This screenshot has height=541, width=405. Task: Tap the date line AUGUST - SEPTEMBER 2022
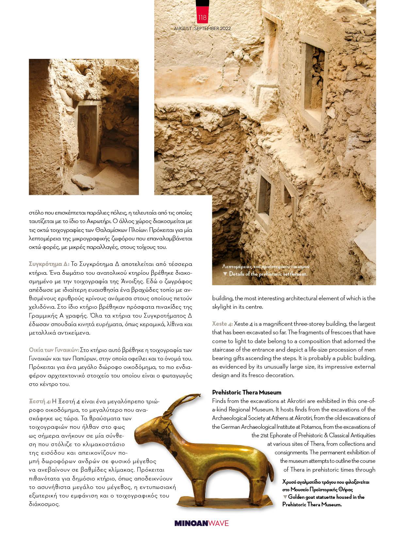202,28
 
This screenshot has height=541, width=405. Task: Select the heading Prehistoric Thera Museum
247,392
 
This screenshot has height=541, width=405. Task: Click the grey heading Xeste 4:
222,324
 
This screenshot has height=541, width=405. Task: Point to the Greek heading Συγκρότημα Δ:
49,264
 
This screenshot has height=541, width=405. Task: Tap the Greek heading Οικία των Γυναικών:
54,350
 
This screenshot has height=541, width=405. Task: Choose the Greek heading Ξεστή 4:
40,401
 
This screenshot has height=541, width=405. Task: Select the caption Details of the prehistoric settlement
268,274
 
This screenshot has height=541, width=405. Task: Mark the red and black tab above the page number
202,6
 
